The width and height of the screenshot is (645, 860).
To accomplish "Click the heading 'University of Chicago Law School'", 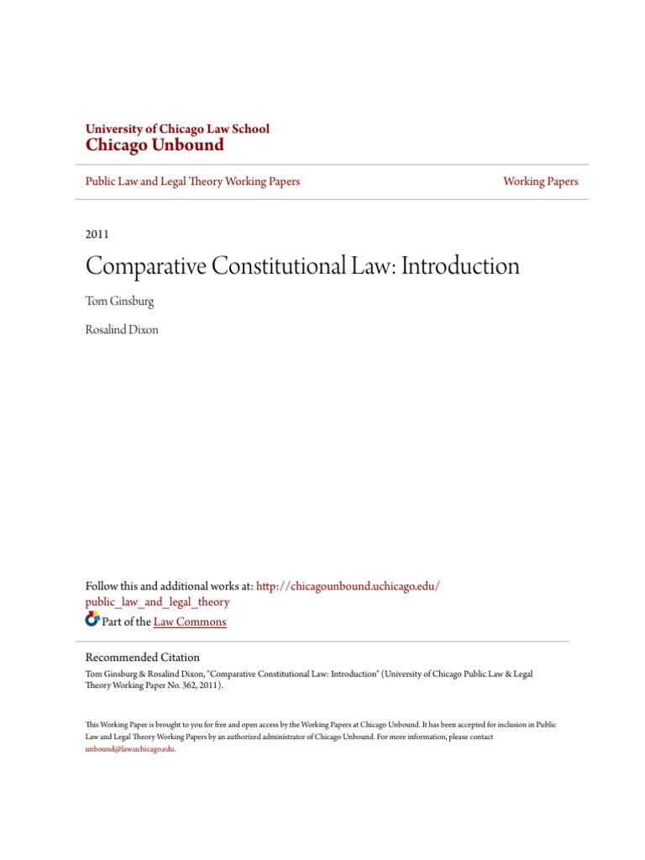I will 177,128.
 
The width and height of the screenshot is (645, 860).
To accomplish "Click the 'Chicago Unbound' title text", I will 155,145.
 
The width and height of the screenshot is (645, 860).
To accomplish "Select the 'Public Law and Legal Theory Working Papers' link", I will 192,181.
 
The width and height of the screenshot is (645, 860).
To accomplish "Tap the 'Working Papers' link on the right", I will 540,181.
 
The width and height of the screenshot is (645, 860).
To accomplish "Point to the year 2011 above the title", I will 97,234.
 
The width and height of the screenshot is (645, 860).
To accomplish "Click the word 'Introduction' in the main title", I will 460,266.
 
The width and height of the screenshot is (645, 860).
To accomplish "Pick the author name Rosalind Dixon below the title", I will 122,330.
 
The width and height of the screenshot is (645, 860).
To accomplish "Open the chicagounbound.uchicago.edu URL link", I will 348,585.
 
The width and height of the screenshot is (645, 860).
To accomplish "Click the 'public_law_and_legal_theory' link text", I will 157,602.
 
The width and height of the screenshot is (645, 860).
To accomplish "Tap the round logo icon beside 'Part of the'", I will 92,620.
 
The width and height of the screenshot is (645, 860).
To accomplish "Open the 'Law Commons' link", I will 190,622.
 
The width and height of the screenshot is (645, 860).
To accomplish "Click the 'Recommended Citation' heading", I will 143,658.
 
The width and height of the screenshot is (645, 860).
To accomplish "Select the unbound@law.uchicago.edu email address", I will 129,749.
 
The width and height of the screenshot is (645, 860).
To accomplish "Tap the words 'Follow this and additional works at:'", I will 169,585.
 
